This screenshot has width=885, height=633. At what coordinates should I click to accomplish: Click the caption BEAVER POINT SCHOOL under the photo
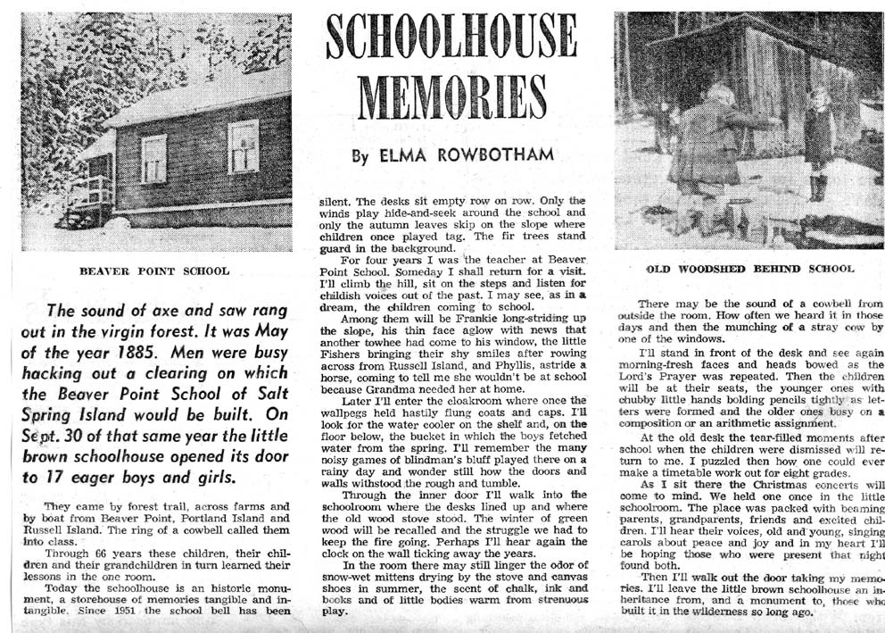[154, 271]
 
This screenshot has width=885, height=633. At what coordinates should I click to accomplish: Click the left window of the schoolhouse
[153, 158]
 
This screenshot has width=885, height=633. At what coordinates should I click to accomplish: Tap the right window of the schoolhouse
[242, 146]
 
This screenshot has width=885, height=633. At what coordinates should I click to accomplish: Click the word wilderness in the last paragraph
[757, 614]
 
